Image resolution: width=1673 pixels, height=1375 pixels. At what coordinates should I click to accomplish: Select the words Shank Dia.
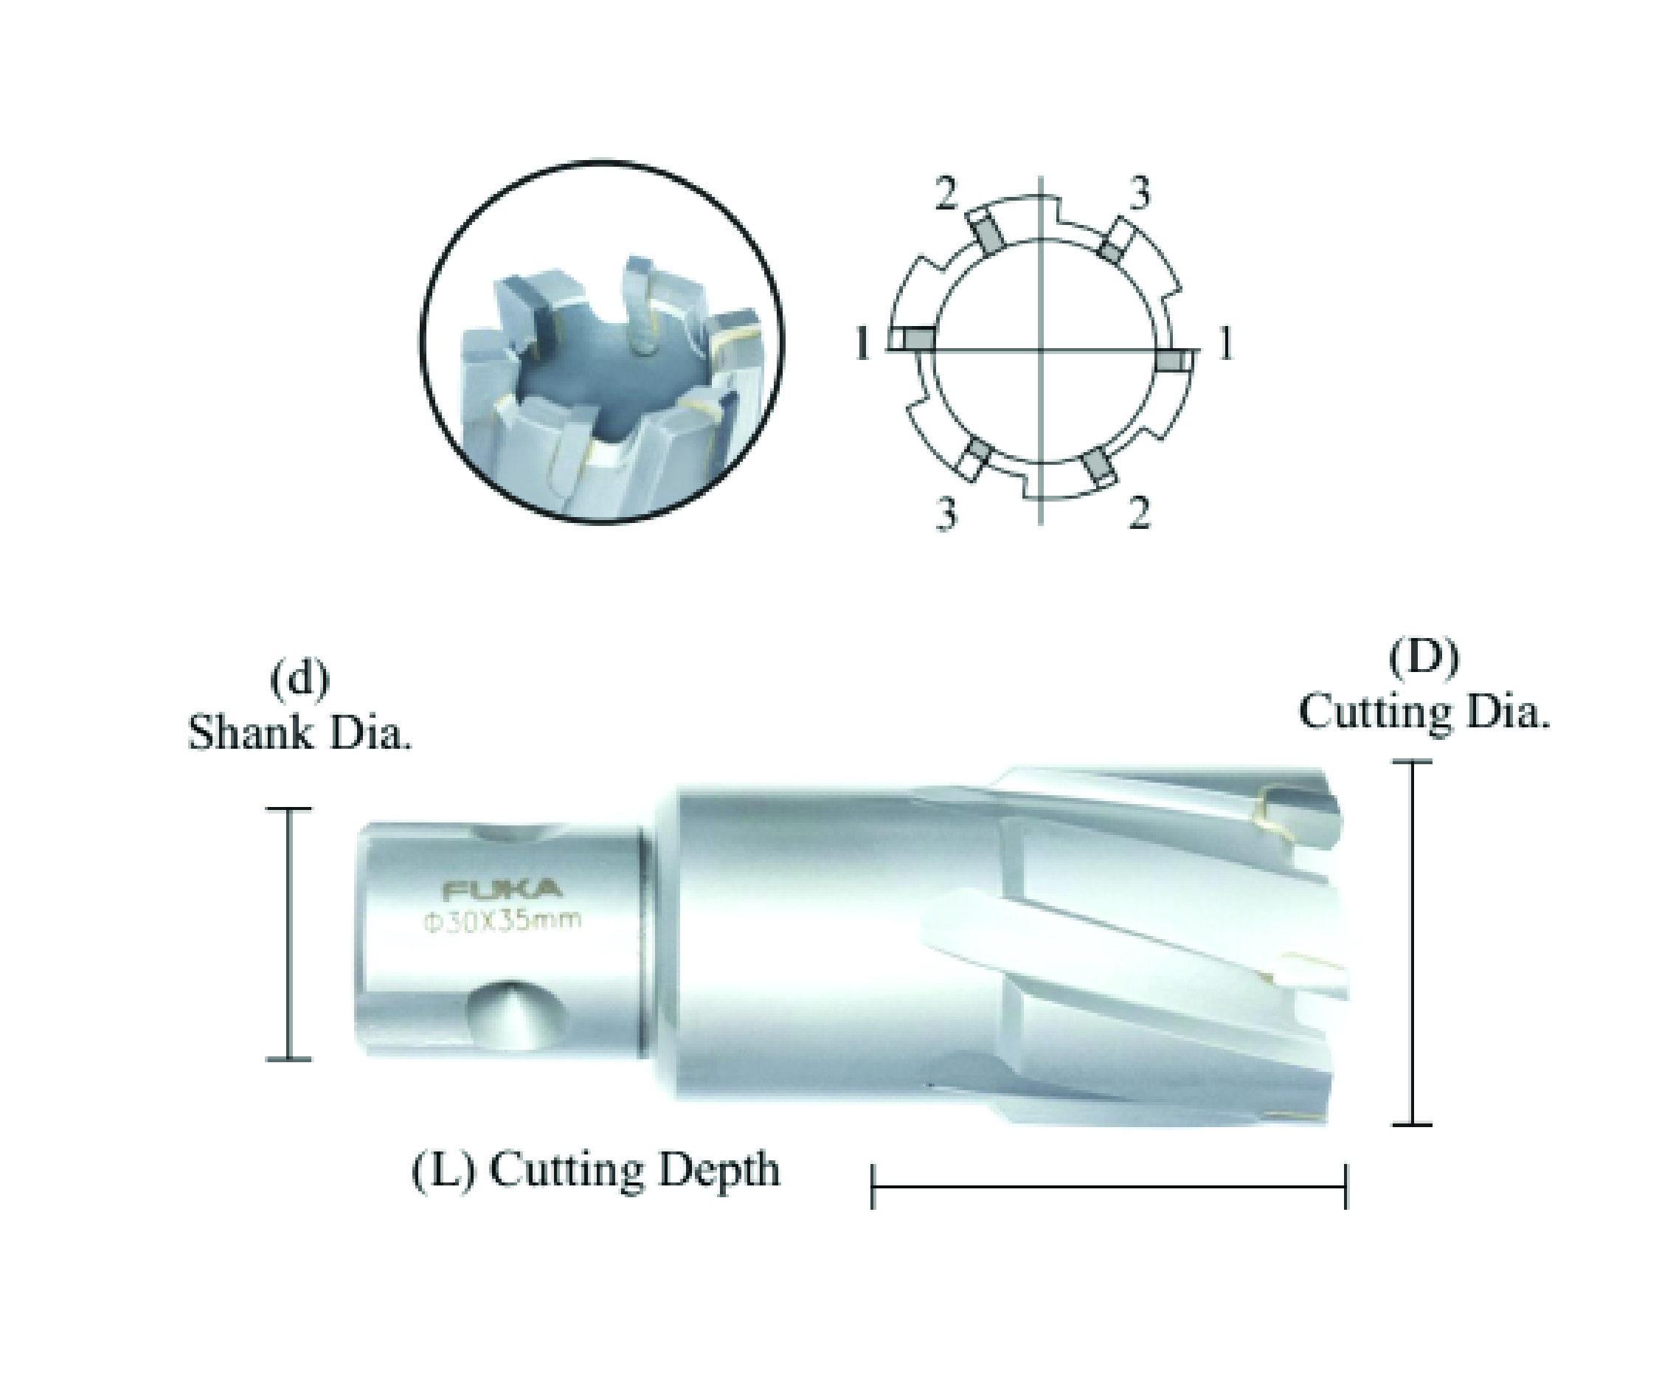pyautogui.click(x=300, y=732)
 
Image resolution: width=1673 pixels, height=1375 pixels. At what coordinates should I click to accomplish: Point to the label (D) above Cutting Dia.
pyautogui.click(x=1424, y=659)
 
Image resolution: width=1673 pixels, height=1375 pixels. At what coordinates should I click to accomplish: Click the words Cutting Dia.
pyautogui.click(x=1424, y=710)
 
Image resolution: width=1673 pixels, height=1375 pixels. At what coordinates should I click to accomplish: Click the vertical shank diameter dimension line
pyautogui.click(x=288, y=934)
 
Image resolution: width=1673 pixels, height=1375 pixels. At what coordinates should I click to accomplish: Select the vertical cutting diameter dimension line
pyautogui.click(x=1412, y=942)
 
